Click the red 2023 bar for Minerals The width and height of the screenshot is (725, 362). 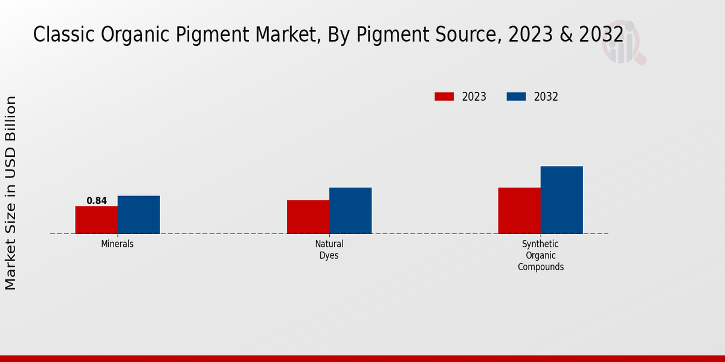96,220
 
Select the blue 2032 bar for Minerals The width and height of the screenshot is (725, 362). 138,214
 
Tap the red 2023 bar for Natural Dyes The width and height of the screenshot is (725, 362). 308,217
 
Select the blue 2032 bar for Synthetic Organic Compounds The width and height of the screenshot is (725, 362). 561,200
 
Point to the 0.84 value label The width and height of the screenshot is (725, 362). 97,200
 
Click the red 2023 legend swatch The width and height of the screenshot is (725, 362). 444,97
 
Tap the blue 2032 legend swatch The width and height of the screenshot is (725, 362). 516,97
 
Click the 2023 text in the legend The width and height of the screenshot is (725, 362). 474,97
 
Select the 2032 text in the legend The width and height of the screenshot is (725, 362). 546,97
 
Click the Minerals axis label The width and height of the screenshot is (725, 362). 117,244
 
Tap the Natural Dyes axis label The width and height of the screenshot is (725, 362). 329,250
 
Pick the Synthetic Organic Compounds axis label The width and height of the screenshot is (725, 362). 541,255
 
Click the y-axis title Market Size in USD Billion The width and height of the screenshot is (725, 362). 11,192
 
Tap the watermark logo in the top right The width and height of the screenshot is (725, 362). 623,42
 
